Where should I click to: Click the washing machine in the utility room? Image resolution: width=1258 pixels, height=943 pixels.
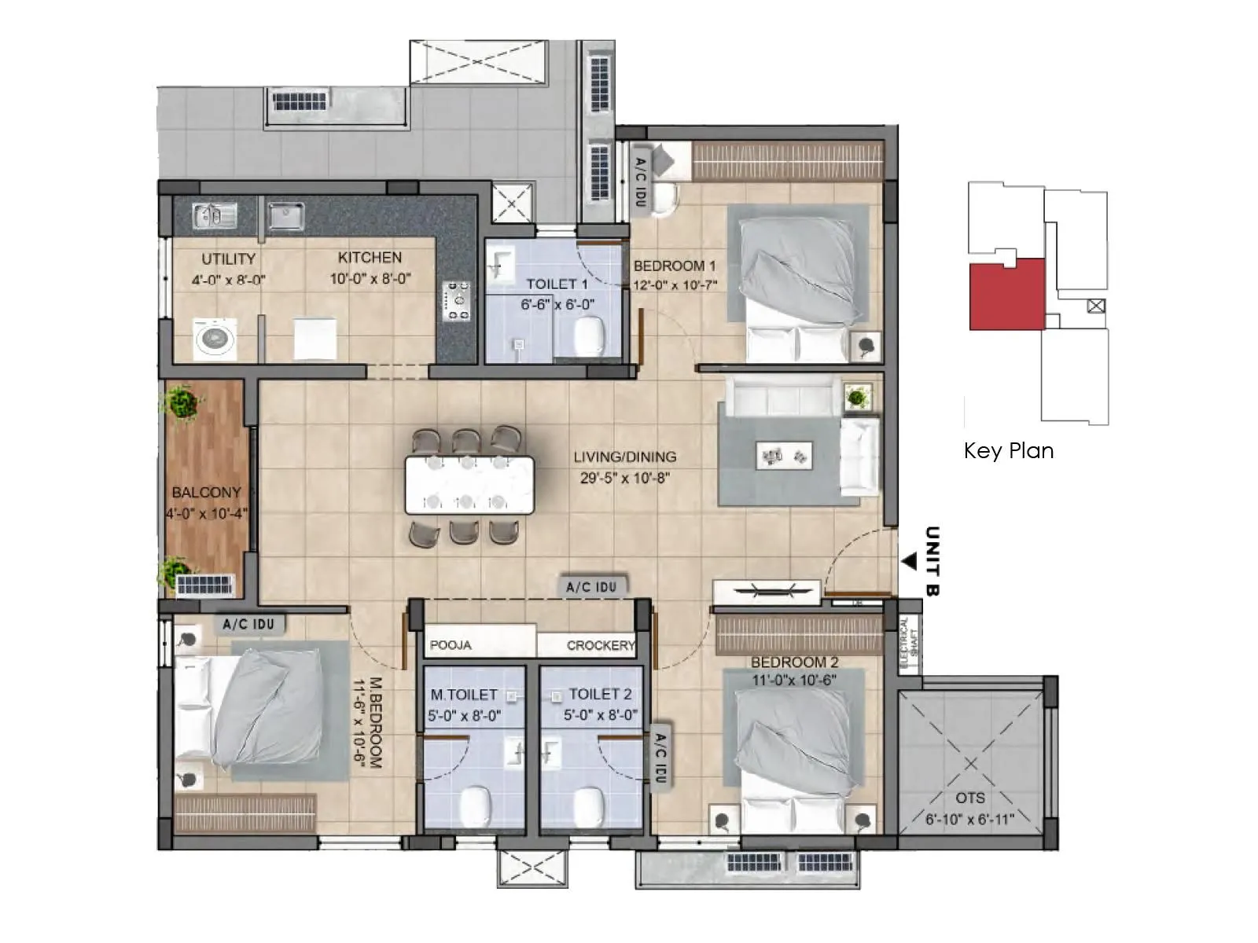click(x=213, y=339)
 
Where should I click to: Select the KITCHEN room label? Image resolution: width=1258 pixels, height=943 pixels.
click(x=370, y=258)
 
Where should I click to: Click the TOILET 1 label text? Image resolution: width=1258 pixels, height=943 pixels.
click(x=557, y=284)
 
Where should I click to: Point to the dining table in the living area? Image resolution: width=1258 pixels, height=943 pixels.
click(x=469, y=486)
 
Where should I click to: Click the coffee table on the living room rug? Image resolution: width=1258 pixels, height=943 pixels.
click(x=783, y=455)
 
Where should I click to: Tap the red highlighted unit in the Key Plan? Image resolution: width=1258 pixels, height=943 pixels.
click(x=1006, y=295)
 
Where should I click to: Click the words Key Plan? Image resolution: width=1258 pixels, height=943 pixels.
click(x=1008, y=450)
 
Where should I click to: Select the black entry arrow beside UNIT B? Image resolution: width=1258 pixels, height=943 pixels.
click(x=909, y=562)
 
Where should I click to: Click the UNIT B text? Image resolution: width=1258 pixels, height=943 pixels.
click(x=932, y=561)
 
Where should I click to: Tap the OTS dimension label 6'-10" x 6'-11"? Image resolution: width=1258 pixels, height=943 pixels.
click(x=969, y=820)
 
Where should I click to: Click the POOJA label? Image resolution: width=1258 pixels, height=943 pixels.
click(x=451, y=645)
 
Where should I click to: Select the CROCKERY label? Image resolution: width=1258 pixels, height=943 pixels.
click(x=600, y=645)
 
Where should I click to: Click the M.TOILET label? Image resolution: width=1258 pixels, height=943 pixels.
click(x=464, y=695)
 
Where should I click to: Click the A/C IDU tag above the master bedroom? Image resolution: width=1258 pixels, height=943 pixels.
click(x=248, y=624)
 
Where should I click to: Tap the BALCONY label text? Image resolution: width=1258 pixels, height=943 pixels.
click(x=206, y=493)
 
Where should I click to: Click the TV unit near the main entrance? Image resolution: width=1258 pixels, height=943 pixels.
click(x=767, y=591)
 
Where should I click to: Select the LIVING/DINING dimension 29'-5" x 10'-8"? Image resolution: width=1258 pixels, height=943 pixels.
click(x=624, y=478)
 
